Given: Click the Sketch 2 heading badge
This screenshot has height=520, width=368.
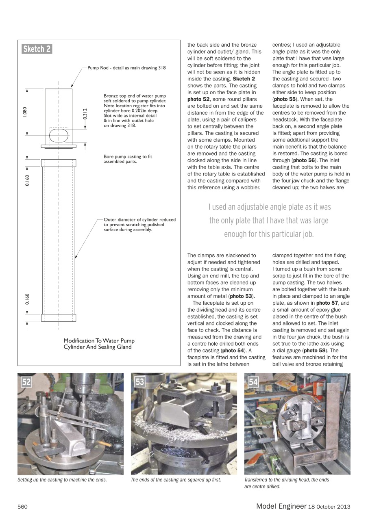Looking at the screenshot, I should click(37, 49).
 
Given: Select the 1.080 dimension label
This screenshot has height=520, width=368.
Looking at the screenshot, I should click(24, 112).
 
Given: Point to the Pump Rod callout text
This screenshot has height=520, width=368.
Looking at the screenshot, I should click(126, 68).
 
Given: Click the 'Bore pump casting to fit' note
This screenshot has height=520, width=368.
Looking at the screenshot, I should click(128, 159).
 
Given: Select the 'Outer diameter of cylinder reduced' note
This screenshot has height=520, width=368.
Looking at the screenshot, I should click(139, 225).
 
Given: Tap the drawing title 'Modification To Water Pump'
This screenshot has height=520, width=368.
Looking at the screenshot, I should click(99, 340).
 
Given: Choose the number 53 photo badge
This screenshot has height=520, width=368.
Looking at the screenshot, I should click(140, 382).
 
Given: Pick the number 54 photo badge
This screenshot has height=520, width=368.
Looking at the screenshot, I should click(253, 382).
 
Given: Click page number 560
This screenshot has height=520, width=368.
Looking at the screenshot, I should click(22, 507).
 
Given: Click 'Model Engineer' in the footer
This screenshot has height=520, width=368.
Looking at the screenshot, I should click(281, 506).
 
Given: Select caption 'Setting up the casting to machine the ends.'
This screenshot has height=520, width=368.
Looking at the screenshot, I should click(62, 480).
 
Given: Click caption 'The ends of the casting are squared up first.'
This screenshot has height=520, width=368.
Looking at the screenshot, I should click(176, 480).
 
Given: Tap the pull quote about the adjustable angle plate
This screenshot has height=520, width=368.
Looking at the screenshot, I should click(269, 221).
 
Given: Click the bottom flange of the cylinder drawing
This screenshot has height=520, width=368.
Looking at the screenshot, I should click(59, 317).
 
